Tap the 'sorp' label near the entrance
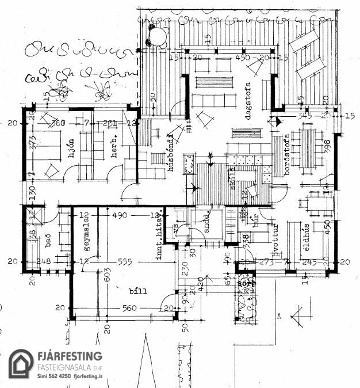pos(247,284)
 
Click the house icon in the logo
pos(21,363)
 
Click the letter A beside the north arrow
pos(278,315)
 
